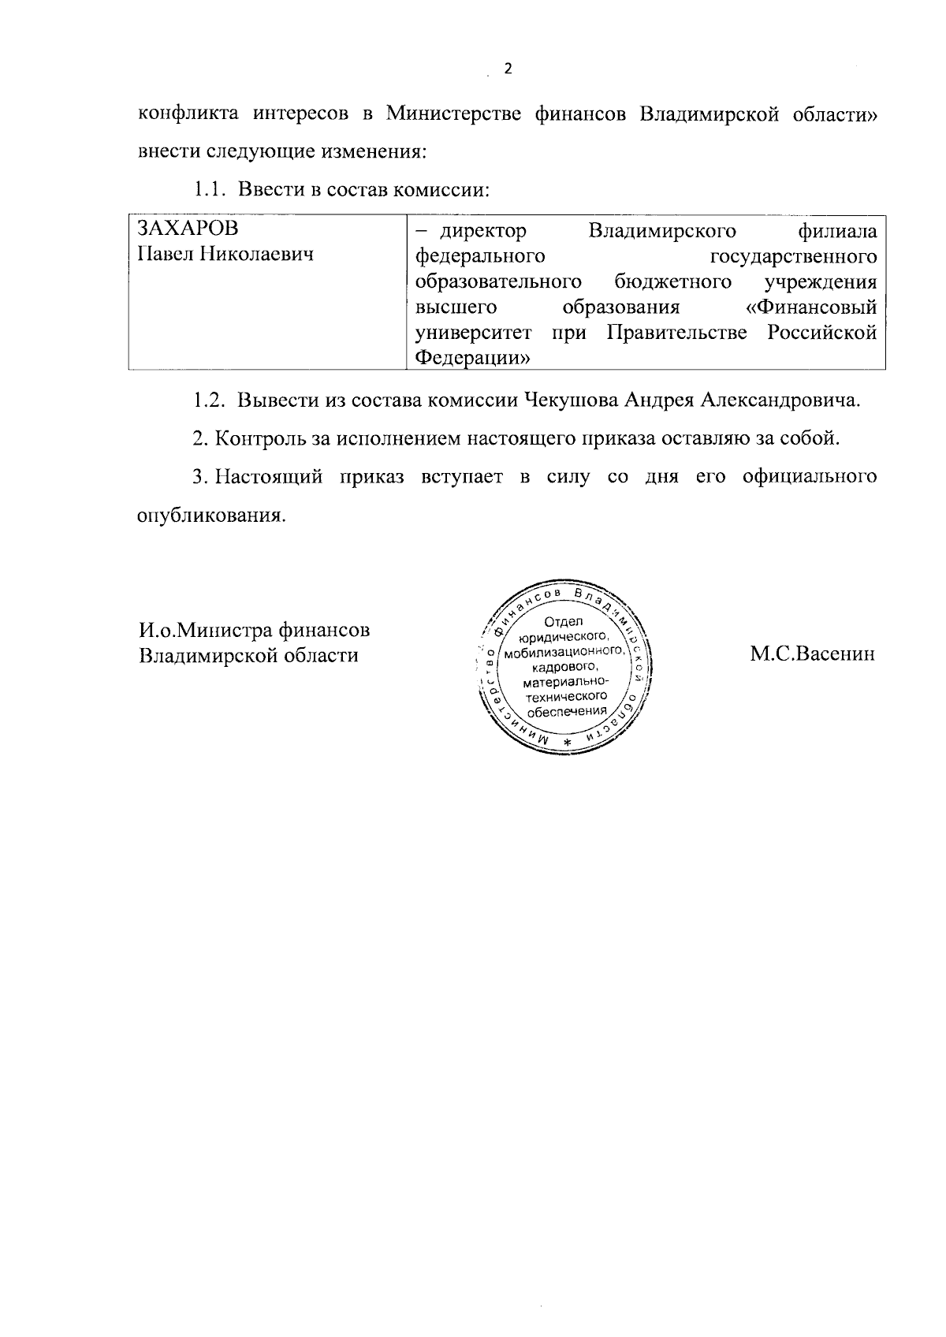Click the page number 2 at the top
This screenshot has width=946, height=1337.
click(508, 69)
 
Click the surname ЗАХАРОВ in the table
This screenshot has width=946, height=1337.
click(188, 229)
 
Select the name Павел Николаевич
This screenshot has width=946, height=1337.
click(225, 255)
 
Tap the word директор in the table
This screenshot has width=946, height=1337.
click(482, 231)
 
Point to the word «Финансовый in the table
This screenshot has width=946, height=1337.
click(811, 306)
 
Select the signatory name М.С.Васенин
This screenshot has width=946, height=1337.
click(812, 654)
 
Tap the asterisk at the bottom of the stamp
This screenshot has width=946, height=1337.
click(567, 744)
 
